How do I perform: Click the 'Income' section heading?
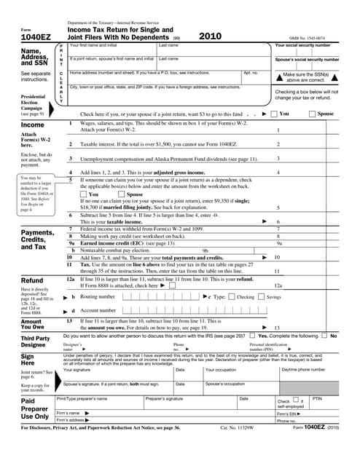32,125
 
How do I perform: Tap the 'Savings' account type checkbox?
262,297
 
